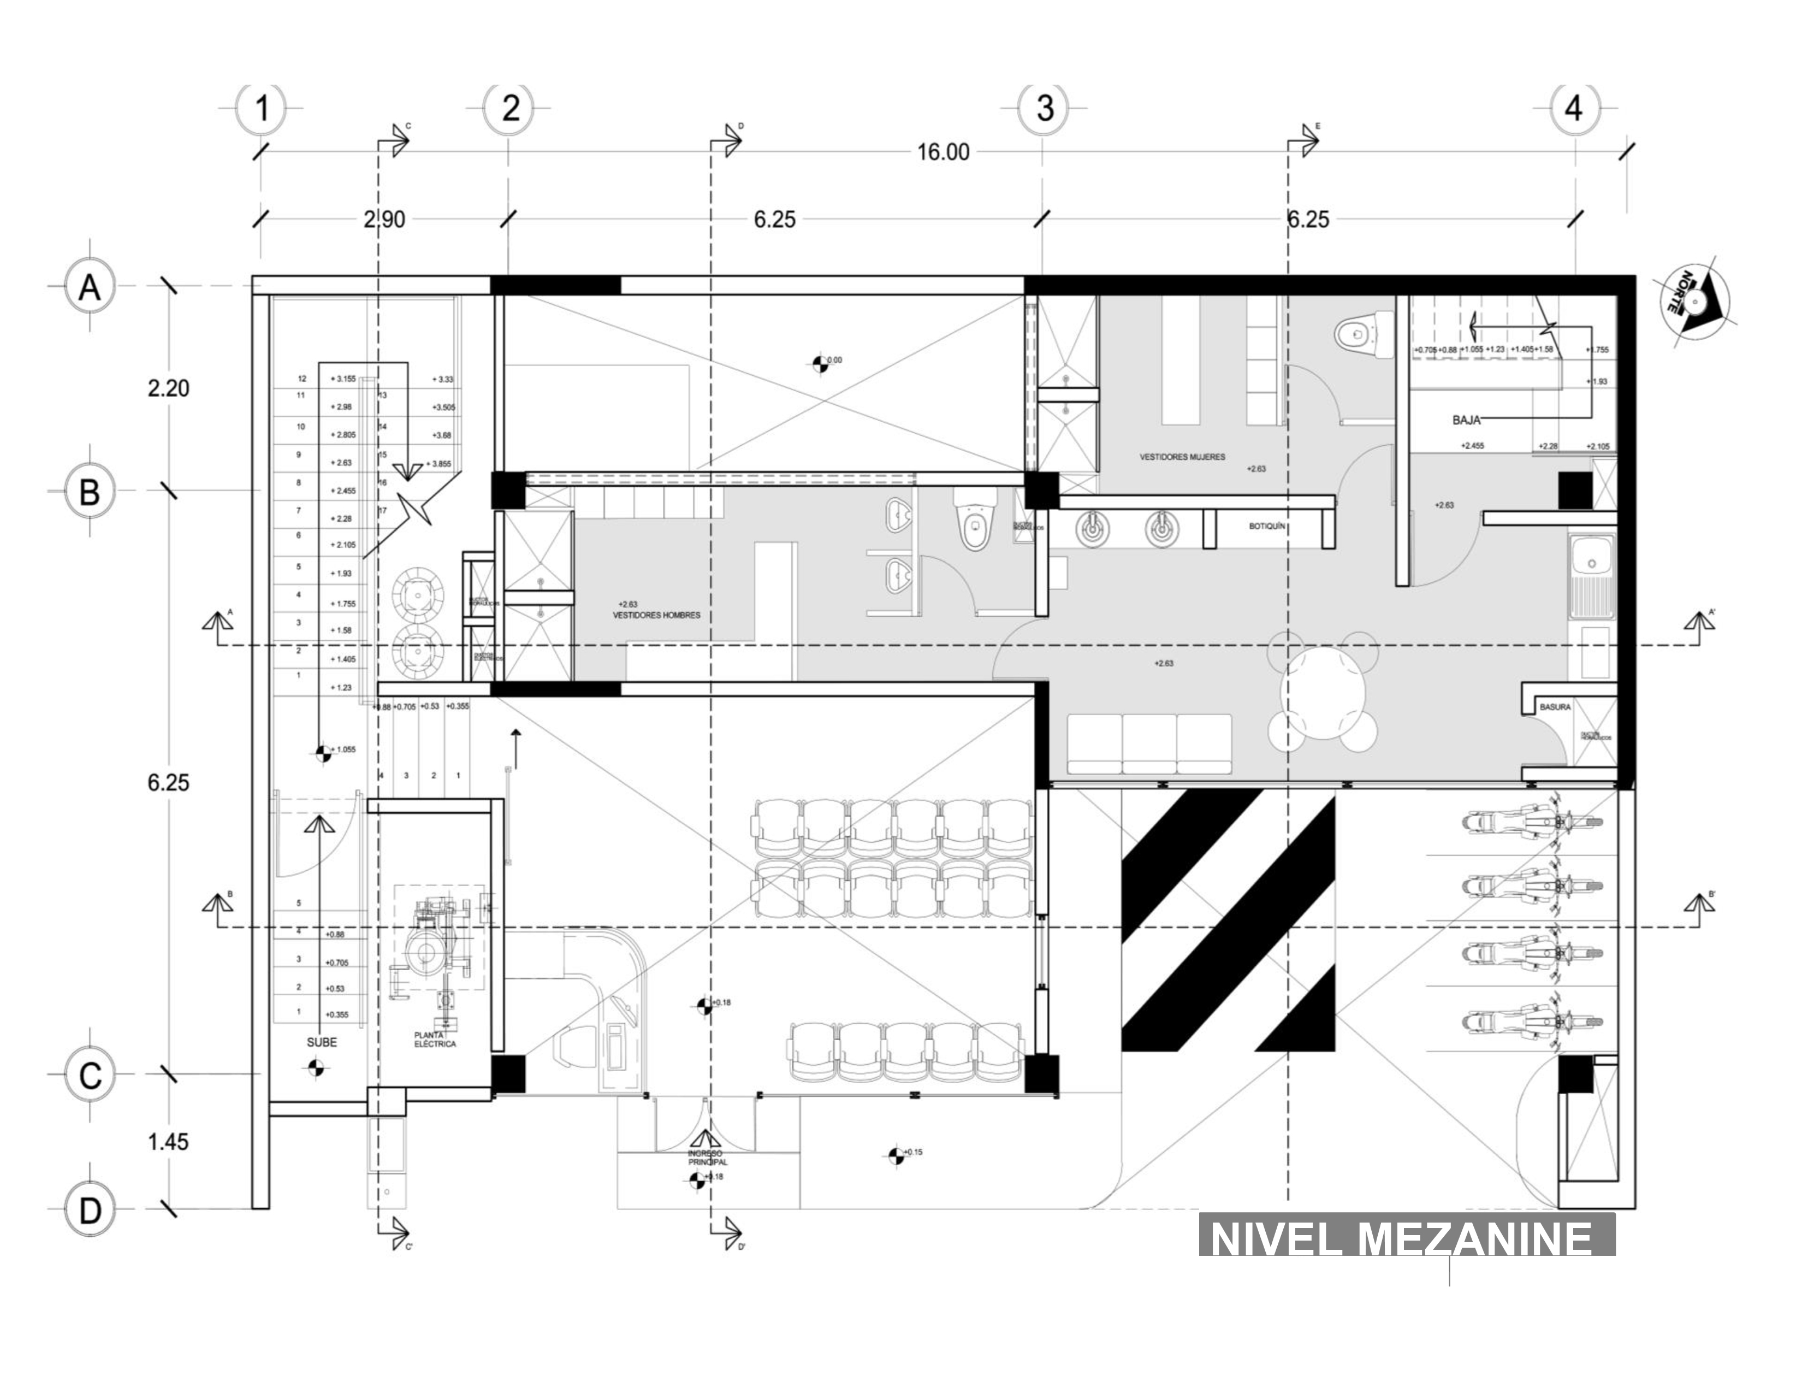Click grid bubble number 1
tap(262, 108)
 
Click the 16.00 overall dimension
tap(943, 152)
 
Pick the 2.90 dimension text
tap(384, 220)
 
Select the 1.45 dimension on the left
tap(168, 1142)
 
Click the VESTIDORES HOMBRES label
tap(657, 615)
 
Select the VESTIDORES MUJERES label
tap(1182, 456)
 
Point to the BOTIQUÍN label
tap(1266, 526)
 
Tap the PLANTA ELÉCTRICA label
tap(434, 1039)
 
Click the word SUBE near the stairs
tap(322, 1042)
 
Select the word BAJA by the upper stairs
tap(1466, 420)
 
